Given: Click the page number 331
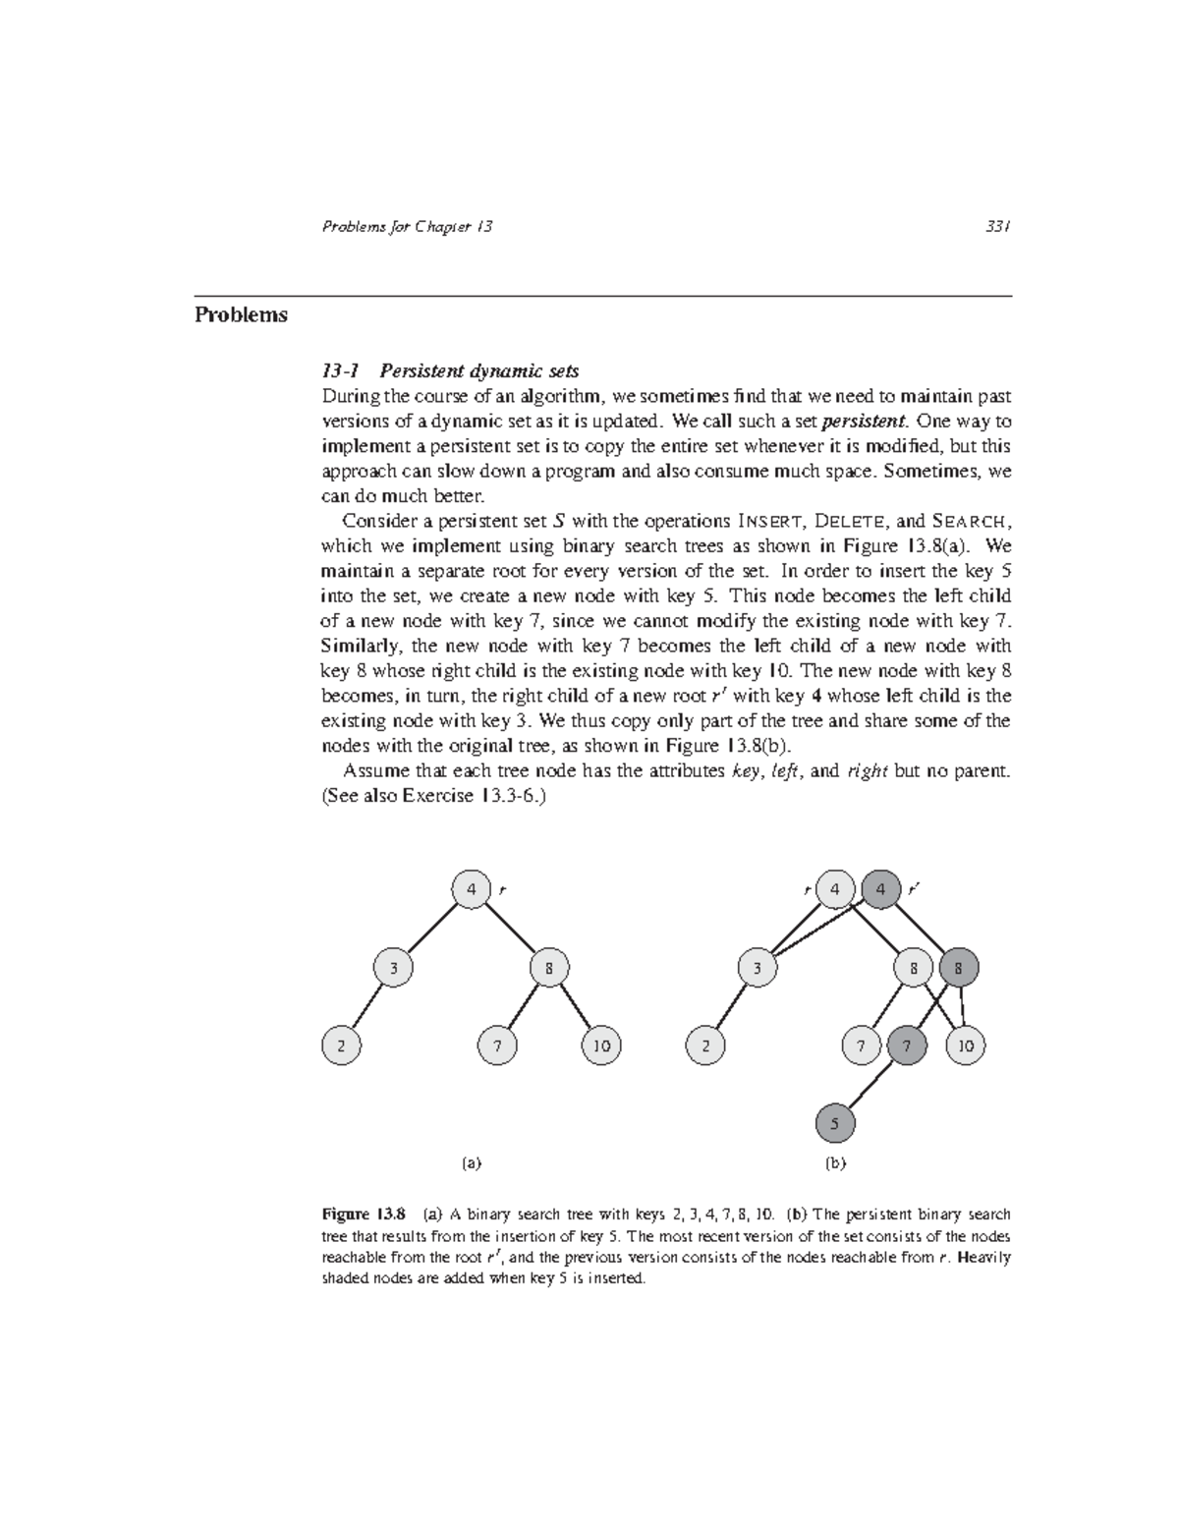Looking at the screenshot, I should click(998, 227).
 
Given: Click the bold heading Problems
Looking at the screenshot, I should click(241, 315).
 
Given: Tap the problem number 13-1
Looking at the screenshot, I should click(341, 371).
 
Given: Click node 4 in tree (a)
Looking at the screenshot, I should click(472, 889).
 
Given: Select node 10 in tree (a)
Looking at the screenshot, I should click(601, 1046).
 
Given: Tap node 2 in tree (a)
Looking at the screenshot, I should click(342, 1046).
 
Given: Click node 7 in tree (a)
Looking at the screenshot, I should click(498, 1046).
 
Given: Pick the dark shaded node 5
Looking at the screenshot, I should click(835, 1123).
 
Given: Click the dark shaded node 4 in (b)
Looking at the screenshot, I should click(881, 889).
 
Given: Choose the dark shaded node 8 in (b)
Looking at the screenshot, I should click(959, 968).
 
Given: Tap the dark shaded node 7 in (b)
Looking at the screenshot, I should click(907, 1046).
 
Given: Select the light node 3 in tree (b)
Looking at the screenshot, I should click(757, 968).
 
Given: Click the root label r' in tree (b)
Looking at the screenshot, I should click(914, 888).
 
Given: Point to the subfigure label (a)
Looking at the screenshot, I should click(472, 1162).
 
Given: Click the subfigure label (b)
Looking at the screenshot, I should click(835, 1162).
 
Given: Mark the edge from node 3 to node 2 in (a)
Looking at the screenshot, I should click(367, 1007).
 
